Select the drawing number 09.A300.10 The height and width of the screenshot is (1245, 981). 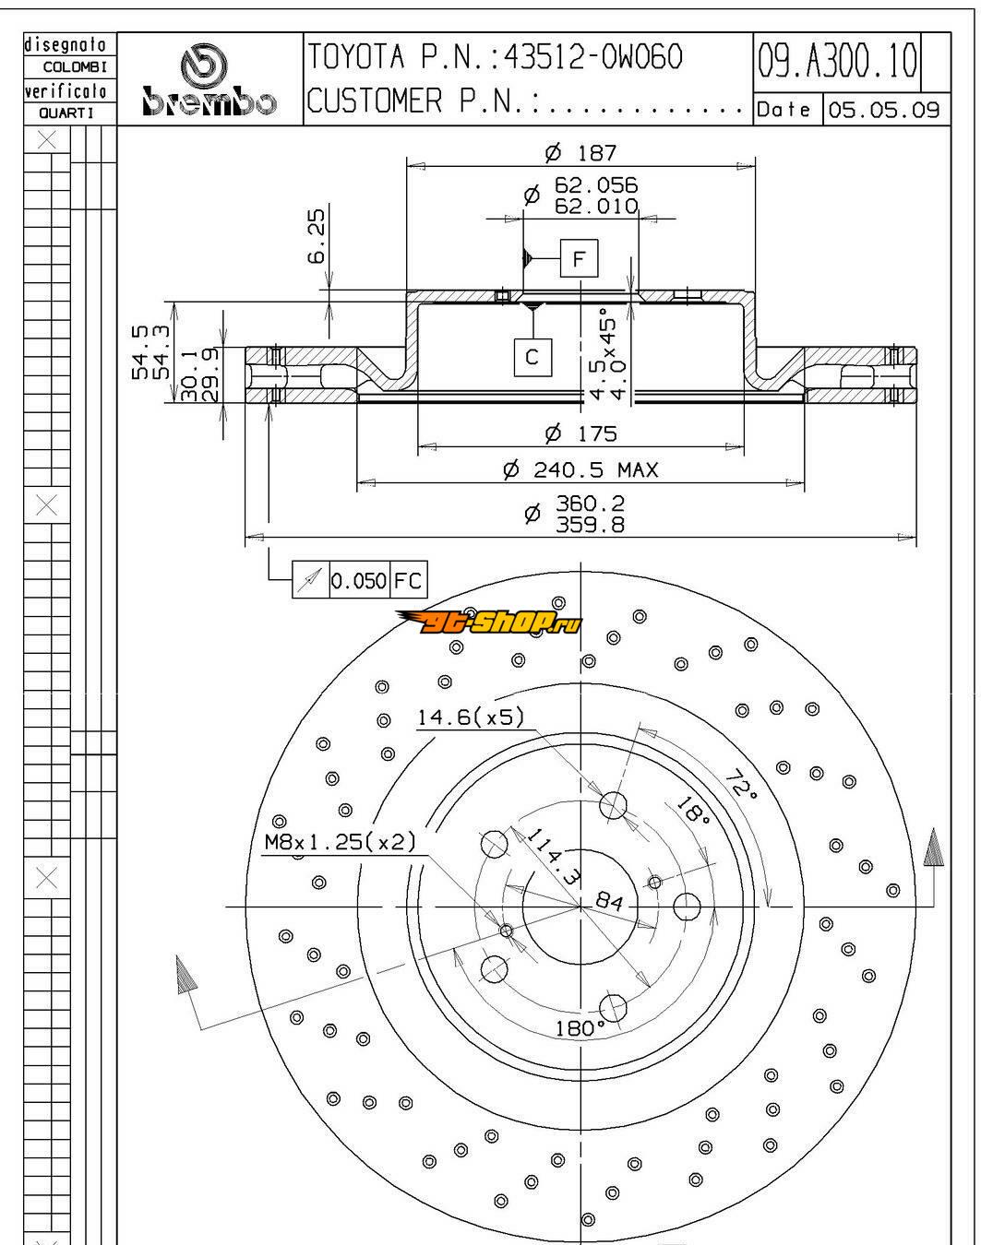tap(838, 61)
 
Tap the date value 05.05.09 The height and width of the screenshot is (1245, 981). tap(883, 110)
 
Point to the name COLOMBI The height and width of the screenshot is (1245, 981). tap(75, 67)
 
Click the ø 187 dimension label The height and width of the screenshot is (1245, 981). tap(580, 152)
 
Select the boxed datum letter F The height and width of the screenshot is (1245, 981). tap(579, 259)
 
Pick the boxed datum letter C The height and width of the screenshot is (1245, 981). tap(532, 357)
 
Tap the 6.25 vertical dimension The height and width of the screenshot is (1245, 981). tap(316, 236)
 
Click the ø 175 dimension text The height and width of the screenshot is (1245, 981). tap(580, 433)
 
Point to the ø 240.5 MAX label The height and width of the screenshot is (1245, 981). tap(580, 470)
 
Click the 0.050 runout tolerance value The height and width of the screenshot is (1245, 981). tap(358, 581)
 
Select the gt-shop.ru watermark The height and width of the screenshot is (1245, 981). tap(490, 624)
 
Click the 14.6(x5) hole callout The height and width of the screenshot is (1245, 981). tap(470, 717)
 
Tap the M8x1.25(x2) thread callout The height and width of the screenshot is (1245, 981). tap(340, 842)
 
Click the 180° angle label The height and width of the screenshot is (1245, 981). tap(580, 1028)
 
